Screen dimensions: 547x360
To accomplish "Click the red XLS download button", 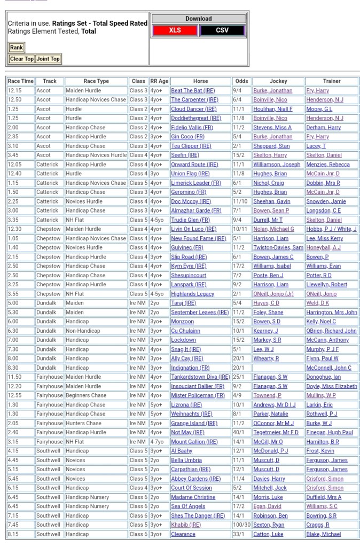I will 175,30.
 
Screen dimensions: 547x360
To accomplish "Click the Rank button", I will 15,48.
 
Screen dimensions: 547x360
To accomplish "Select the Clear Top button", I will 21,59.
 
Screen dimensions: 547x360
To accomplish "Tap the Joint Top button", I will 48,59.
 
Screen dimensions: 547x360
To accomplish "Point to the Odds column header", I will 241,81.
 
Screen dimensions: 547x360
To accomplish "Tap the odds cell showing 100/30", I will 241,525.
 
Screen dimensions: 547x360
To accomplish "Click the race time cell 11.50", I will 15,376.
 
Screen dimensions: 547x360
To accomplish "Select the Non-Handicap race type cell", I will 83,330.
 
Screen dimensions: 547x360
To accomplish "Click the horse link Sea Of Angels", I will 188,505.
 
